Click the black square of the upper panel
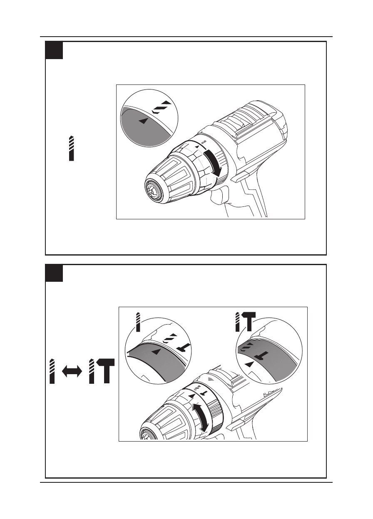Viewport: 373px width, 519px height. click(x=54, y=50)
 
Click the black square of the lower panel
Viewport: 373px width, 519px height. click(x=54, y=273)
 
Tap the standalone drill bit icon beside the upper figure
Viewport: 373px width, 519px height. click(x=72, y=148)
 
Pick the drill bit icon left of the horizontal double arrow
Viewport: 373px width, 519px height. click(x=52, y=371)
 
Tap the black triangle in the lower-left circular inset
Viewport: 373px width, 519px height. click(x=156, y=352)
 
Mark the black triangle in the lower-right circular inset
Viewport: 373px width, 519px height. click(x=249, y=364)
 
